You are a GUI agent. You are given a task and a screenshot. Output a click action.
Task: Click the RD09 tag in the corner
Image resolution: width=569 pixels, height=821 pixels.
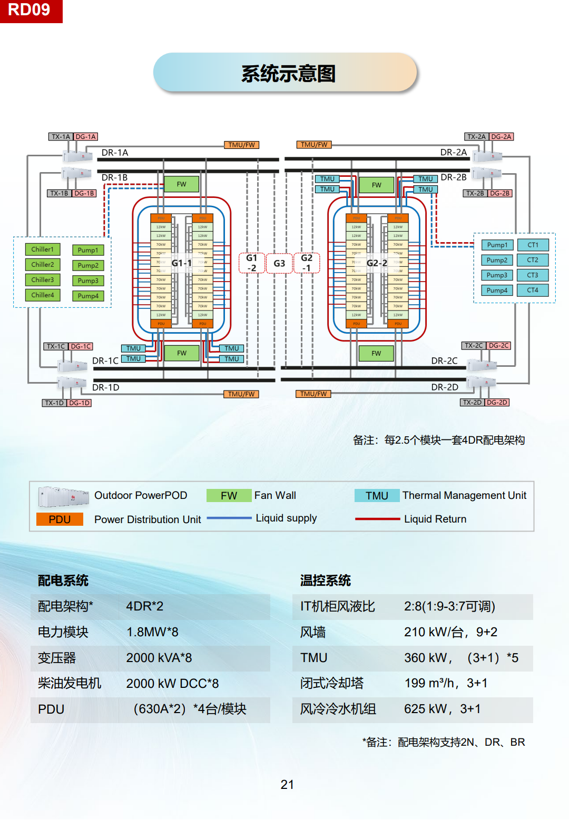tap(30, 11)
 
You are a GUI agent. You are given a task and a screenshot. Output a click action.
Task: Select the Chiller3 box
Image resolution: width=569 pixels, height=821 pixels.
tap(43, 280)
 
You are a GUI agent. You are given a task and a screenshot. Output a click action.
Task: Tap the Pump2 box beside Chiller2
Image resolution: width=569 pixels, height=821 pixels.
tap(88, 266)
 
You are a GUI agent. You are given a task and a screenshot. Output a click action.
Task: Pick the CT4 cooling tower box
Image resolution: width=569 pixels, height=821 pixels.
tap(533, 290)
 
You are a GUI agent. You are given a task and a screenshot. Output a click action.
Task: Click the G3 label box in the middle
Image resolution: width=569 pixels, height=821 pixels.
tap(279, 263)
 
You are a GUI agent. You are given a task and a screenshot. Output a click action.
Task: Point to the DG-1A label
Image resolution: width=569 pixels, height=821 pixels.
tap(85, 137)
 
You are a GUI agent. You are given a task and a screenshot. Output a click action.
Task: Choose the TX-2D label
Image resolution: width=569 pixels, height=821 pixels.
tap(472, 403)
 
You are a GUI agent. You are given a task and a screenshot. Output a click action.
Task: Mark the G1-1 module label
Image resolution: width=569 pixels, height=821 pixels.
tap(182, 263)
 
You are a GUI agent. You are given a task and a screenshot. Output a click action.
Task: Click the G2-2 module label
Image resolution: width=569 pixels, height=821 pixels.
tap(377, 263)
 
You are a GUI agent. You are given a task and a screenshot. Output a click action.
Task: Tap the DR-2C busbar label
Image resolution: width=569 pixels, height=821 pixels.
tap(444, 361)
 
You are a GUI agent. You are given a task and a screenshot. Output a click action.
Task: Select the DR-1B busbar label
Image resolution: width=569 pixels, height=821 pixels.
tap(114, 178)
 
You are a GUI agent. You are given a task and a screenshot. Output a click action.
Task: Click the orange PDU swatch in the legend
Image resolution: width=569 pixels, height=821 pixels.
tap(60, 519)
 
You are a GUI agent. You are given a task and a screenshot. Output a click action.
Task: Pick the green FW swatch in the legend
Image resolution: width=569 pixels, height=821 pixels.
tap(229, 496)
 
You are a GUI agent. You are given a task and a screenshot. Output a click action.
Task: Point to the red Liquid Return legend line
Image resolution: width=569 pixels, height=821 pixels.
tap(377, 519)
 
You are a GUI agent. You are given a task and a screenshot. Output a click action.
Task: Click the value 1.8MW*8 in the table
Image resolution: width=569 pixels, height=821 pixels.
tap(152, 632)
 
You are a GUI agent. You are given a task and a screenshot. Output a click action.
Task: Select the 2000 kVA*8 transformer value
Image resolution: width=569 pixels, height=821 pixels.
tap(159, 658)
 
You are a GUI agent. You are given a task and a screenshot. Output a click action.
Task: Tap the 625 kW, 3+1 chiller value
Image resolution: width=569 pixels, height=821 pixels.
tap(442, 709)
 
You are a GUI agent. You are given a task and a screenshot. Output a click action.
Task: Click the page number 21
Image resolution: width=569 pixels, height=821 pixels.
tap(287, 785)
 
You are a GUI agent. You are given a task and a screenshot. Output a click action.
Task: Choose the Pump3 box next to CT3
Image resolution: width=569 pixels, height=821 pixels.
tap(497, 275)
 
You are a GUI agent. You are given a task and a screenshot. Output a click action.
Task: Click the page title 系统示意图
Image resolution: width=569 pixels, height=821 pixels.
tap(288, 74)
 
